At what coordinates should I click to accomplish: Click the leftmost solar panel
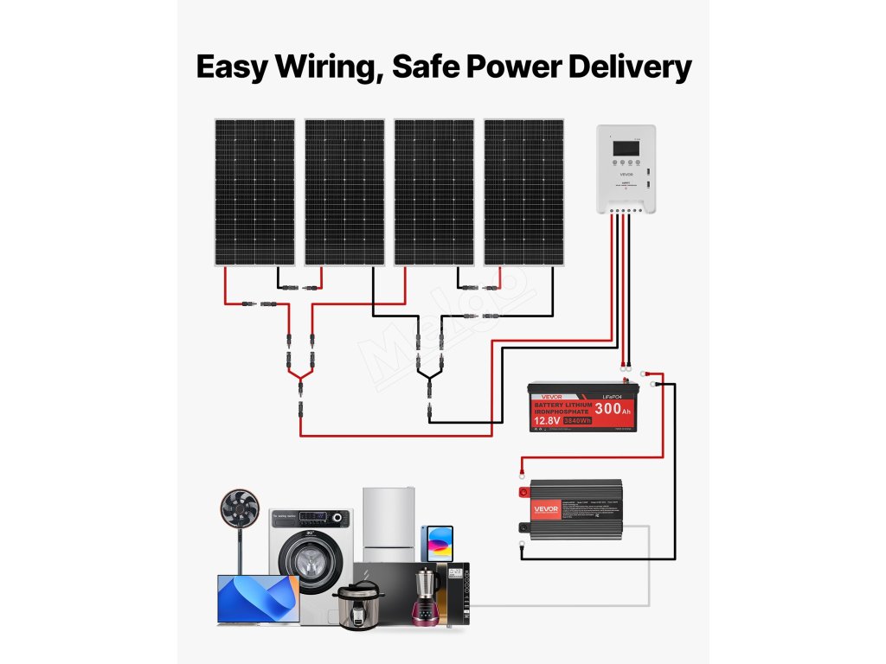pos(254,192)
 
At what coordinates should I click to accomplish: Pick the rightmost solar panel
pos(523,192)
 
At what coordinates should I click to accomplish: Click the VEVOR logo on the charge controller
pos(626,174)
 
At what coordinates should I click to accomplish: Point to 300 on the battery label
pos(608,408)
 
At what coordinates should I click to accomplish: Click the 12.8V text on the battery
pos(544,421)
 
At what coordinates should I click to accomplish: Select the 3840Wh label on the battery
pos(577,421)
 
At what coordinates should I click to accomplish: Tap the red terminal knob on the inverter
pos(523,494)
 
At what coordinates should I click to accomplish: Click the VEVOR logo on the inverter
pos(545,508)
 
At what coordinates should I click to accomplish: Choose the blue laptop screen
pos(258,598)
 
